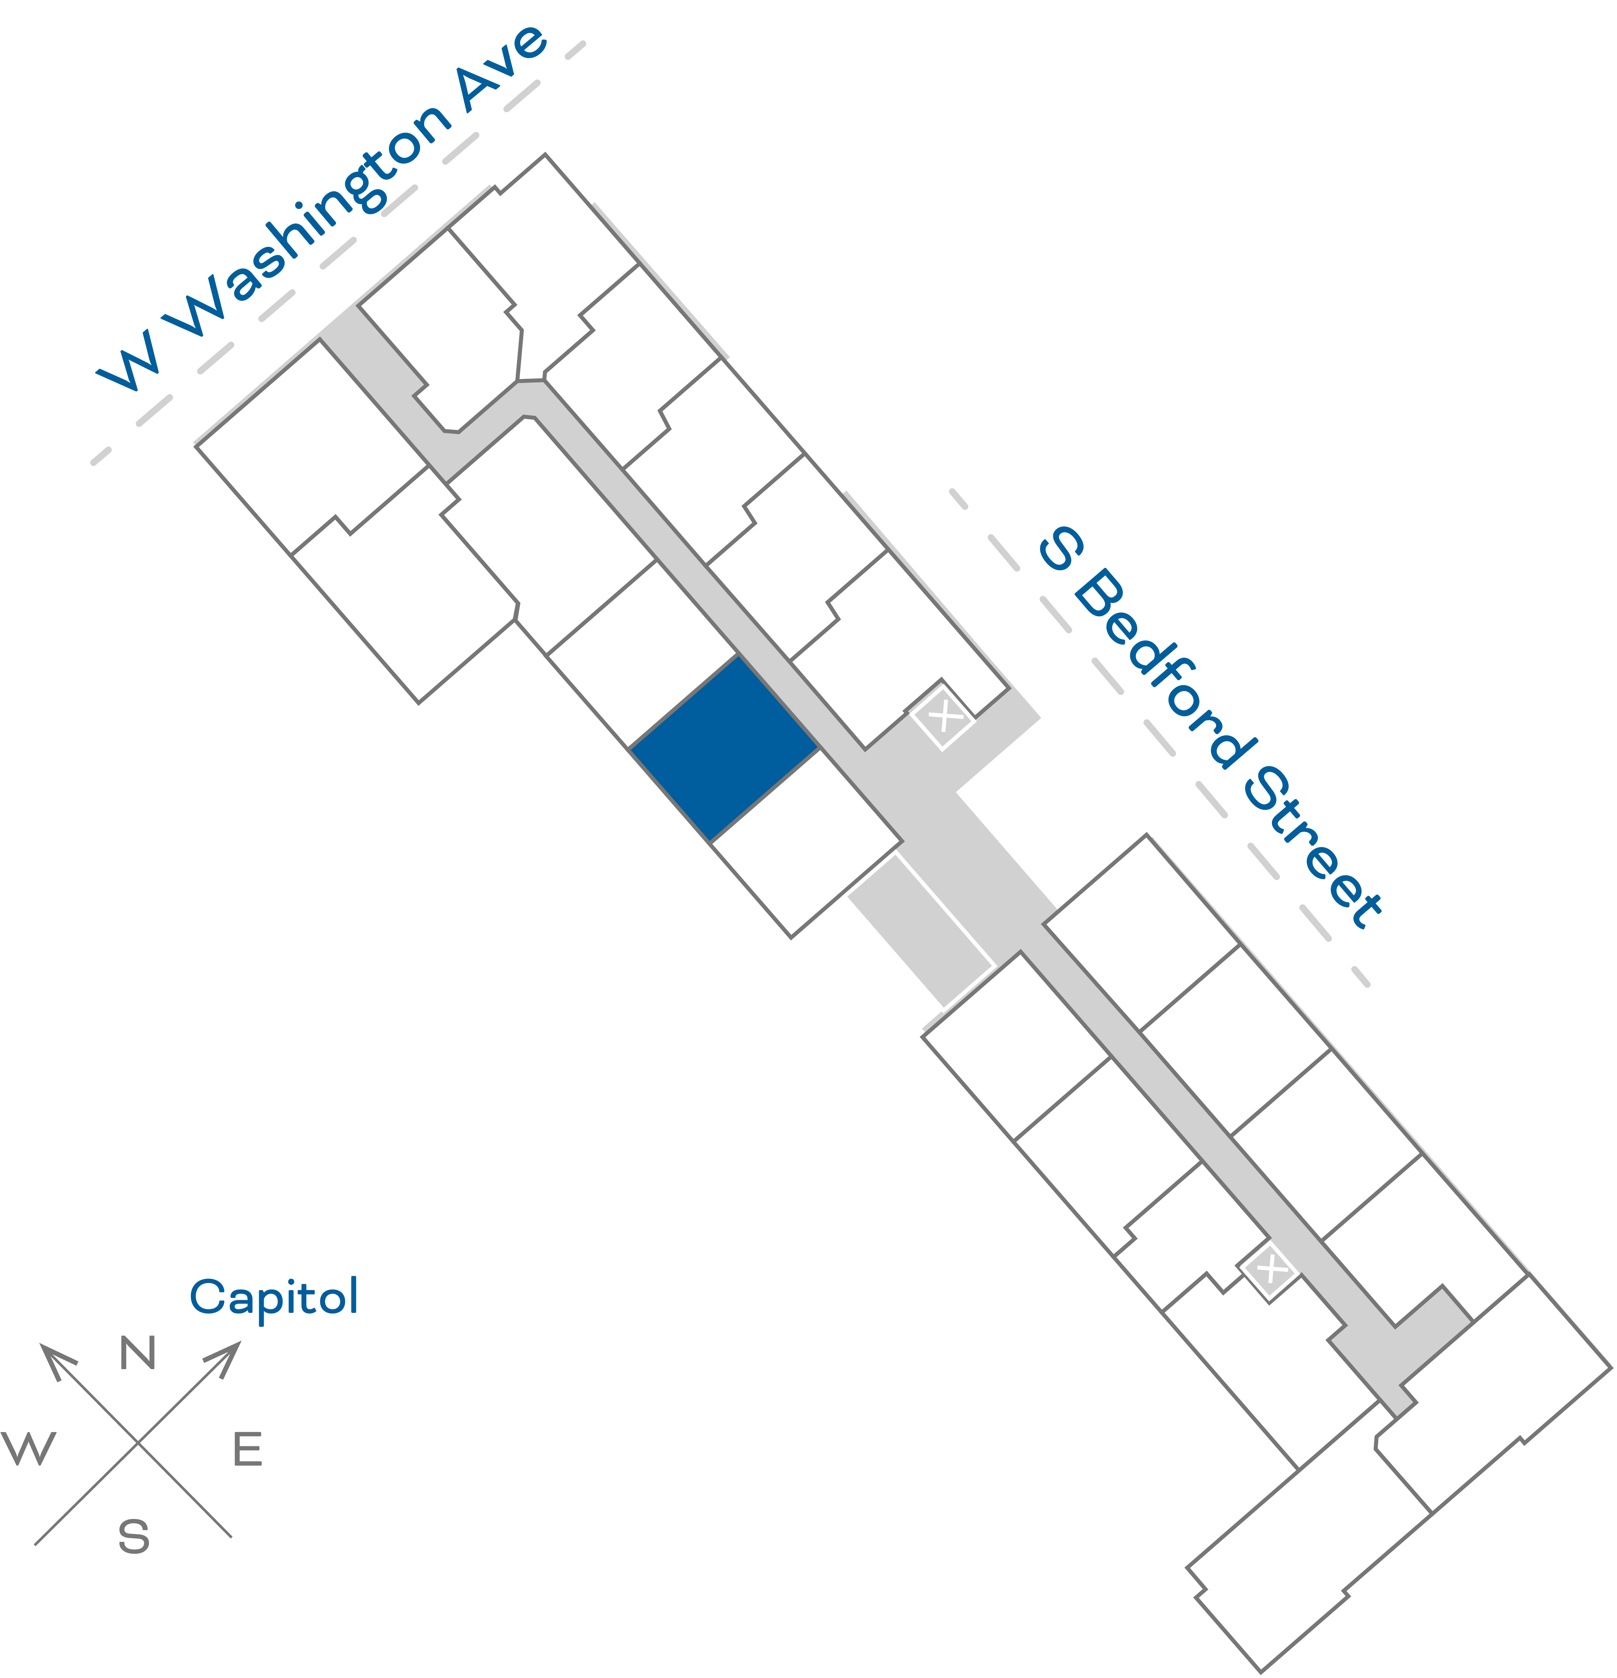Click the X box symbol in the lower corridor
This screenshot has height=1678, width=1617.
coord(1269,1270)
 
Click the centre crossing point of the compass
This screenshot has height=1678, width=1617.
coord(138,1442)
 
